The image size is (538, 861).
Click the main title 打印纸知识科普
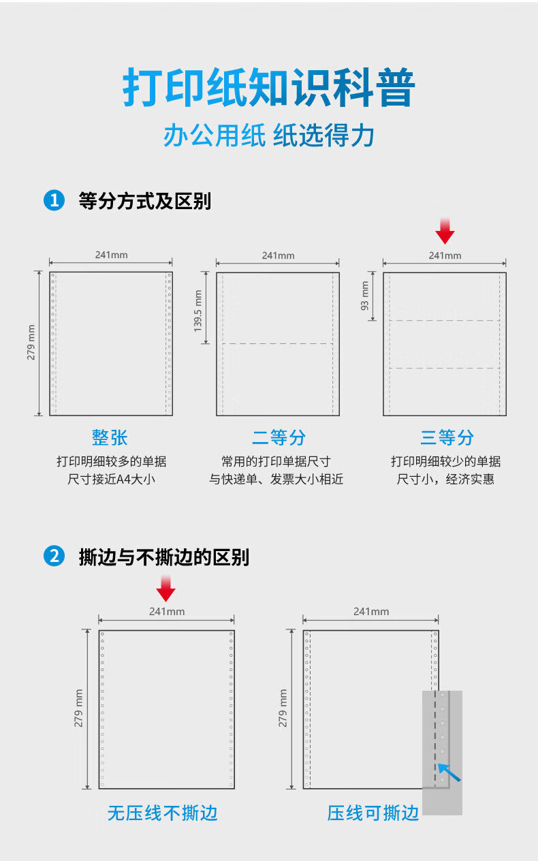coord(269,88)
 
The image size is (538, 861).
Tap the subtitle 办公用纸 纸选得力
coord(269,136)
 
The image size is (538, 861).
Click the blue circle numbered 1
coord(54,200)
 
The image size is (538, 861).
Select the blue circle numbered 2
coord(54,557)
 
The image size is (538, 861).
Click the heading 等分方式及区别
coord(145,201)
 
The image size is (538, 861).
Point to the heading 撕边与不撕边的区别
coord(164,557)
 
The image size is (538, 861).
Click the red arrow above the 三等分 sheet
coord(445,231)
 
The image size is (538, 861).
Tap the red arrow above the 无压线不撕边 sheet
coord(166,588)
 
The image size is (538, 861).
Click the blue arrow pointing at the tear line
coord(449,772)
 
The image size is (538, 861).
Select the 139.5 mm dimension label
coord(197,311)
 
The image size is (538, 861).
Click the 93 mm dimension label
coord(364,296)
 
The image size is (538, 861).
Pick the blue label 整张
coord(110,437)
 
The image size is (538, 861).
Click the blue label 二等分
coord(279,437)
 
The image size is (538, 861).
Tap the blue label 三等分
coord(447,437)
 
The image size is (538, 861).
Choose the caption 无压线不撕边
coord(163,813)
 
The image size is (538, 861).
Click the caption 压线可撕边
coord(373,813)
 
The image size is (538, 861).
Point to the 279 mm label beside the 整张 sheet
coord(31,342)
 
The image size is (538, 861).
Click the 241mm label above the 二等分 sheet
coord(279,255)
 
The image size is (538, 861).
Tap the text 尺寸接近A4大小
coord(112,480)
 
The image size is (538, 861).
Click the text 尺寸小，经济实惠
coord(445,480)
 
